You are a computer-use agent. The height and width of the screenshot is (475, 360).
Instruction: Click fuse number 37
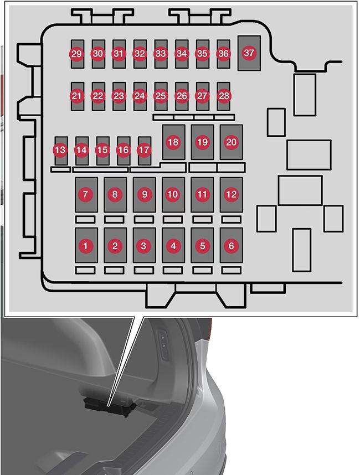250,53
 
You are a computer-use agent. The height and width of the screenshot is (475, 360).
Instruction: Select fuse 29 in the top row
76,54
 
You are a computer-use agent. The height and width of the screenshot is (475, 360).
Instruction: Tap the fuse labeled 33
161,54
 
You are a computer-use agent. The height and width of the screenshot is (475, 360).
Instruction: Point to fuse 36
223,54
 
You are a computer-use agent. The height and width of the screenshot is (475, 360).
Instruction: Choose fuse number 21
76,96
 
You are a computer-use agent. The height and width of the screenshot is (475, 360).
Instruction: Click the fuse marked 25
161,96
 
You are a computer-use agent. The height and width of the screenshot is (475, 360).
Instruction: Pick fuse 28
223,96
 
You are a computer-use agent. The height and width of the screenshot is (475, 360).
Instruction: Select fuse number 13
60,150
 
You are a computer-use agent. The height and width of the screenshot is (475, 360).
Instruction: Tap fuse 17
144,150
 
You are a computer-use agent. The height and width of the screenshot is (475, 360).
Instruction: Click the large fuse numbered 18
173,142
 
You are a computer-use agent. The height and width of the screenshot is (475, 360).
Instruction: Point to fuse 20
232,142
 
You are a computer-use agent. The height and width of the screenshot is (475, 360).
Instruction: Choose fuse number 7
86,194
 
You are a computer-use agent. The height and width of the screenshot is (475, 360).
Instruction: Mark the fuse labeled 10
173,194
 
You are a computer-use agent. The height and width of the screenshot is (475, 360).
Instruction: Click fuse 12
231,194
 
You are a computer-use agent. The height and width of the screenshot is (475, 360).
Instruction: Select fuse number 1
86,245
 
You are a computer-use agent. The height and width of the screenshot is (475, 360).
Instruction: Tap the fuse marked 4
173,245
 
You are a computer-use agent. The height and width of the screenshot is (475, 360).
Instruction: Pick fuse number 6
231,245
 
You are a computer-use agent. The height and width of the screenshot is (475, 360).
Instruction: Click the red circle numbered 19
202,142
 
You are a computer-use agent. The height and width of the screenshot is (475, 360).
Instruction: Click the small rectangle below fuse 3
143,270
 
